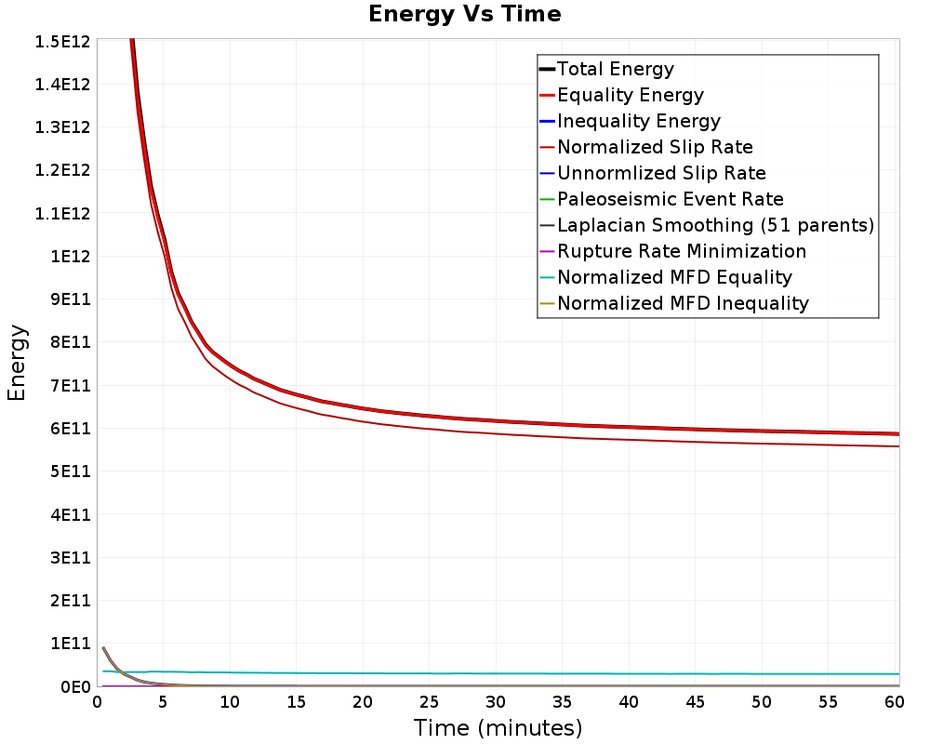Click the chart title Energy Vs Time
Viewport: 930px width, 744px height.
[464, 14]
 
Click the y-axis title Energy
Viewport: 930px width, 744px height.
[17, 363]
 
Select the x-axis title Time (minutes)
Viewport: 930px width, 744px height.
[498, 728]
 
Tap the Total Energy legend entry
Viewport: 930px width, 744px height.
[606, 69]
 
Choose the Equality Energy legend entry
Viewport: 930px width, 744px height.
[621, 95]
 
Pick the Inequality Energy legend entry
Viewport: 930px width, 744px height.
[630, 121]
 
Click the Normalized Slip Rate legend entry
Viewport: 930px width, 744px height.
[646, 147]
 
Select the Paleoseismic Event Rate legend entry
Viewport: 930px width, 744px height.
[661, 199]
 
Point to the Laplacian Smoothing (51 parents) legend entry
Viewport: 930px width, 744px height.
[707, 225]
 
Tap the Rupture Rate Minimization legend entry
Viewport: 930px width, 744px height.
[672, 251]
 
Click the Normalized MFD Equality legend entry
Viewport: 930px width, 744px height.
[666, 278]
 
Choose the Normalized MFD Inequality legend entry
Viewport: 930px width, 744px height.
[674, 304]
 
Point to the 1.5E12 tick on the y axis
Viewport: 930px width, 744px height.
[62, 42]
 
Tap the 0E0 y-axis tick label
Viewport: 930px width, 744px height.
[75, 687]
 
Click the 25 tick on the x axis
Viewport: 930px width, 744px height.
[429, 702]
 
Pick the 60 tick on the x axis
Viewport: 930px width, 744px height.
[895, 702]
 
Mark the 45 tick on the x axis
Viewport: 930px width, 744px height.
[695, 702]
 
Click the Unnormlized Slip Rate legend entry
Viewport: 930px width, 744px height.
[653, 173]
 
